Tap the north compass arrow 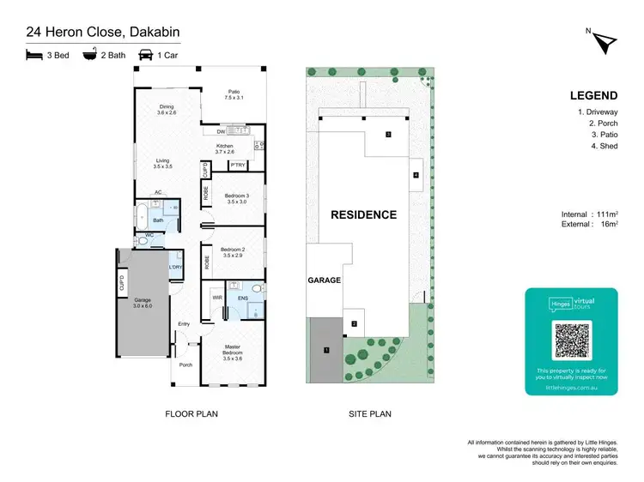[x=605, y=40]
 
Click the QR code [x=571, y=340]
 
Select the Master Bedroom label [x=233, y=350]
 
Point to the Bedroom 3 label [x=235, y=199]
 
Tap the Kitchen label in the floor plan [x=225, y=149]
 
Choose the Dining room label [x=166, y=110]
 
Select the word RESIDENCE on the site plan [x=364, y=215]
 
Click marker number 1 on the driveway [x=326, y=350]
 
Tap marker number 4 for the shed [x=416, y=175]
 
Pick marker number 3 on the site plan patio [x=388, y=135]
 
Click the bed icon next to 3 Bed [x=34, y=54]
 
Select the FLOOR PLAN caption [x=191, y=414]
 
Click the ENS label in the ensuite [x=243, y=299]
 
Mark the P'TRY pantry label [x=238, y=165]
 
